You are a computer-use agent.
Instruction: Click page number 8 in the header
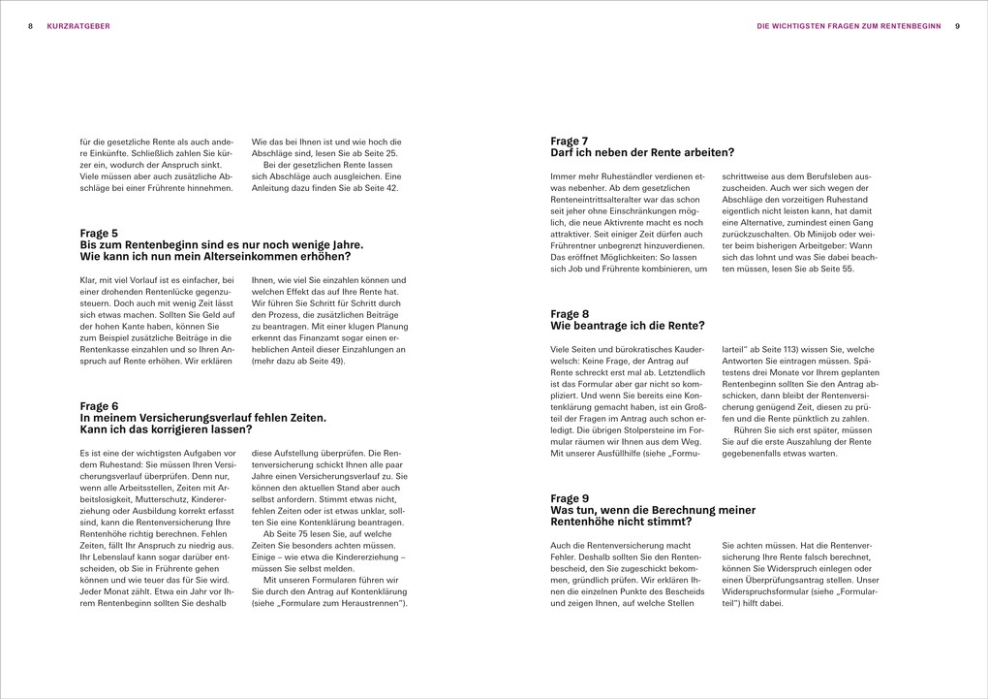[31, 26]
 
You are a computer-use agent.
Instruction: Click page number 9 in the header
[956, 26]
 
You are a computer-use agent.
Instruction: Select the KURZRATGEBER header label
[78, 26]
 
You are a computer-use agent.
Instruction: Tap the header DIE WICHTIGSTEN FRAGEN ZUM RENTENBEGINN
[849, 26]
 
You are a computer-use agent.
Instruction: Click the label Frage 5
[99, 233]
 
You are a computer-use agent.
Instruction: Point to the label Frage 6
[99, 405]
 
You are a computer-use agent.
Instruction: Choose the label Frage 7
[570, 141]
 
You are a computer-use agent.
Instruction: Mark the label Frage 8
[570, 313]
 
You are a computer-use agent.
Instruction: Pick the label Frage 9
[570, 497]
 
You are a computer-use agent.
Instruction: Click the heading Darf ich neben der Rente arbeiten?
[641, 152]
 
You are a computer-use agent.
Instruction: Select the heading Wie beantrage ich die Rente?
[627, 325]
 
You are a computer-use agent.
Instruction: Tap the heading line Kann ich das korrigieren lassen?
[166, 429]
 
